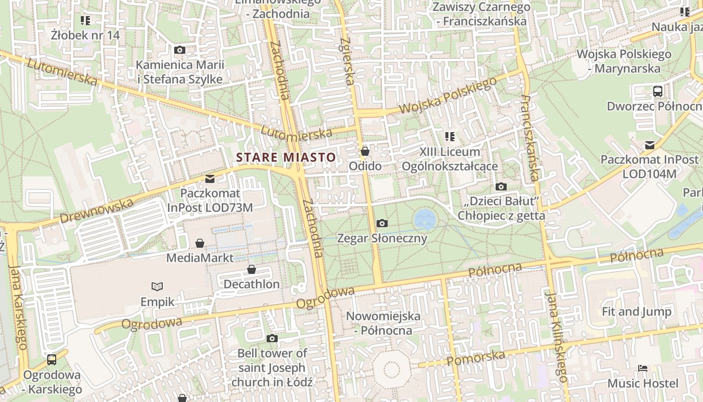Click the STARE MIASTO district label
point(286,157)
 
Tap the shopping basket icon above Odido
point(365,151)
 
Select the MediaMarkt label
point(200,258)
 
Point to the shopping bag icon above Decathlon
point(252,270)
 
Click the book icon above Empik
point(157,286)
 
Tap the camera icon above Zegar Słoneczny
point(382,223)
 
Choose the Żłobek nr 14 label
point(85,35)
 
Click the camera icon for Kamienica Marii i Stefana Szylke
point(179,50)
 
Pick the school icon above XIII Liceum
point(450,136)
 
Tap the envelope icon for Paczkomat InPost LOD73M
point(210,178)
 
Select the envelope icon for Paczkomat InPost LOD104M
point(650,145)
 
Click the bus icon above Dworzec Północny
point(657,91)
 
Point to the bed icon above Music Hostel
point(643,368)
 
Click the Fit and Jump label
point(636,312)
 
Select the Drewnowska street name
point(97,211)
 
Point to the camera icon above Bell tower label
point(272,338)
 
